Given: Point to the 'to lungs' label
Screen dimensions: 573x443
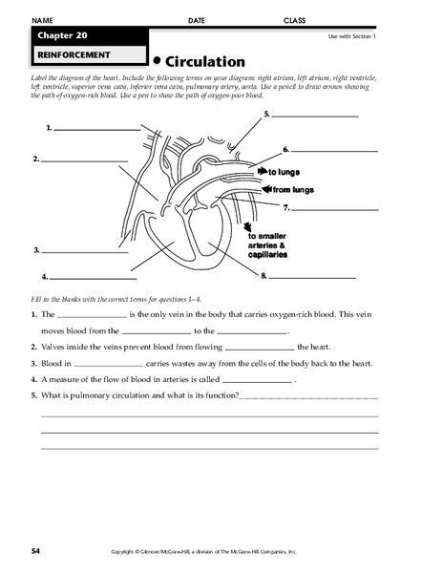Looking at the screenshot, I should click(284, 172).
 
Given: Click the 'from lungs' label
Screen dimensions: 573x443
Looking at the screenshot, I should click(292, 190).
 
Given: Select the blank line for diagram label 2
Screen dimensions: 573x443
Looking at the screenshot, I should click(76, 159).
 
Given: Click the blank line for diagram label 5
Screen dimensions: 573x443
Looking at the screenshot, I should click(315, 116).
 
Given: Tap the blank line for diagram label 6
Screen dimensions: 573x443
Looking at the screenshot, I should click(334, 151).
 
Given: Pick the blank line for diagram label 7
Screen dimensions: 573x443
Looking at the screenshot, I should click(334, 207).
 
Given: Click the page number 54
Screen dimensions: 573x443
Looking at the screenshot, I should click(35, 551).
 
